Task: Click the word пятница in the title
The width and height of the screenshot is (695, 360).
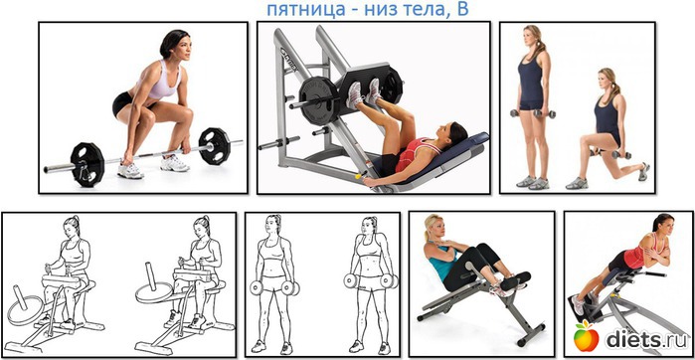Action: (x=306, y=9)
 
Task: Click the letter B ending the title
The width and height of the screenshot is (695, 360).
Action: (x=462, y=8)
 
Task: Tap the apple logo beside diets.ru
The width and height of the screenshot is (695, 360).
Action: (x=586, y=339)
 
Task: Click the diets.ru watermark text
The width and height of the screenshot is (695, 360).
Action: (x=646, y=339)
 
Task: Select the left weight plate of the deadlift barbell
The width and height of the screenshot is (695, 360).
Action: (x=87, y=159)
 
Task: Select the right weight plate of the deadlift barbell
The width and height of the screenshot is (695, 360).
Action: (x=214, y=146)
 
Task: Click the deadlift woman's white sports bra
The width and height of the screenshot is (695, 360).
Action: (x=162, y=82)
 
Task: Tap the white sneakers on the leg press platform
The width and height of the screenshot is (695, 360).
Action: (x=364, y=92)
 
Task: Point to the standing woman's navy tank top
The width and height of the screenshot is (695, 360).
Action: (x=531, y=80)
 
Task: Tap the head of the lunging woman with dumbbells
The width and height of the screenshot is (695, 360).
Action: (x=608, y=82)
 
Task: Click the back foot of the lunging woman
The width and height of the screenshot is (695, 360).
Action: (x=644, y=172)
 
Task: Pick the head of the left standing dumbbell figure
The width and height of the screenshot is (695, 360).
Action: (x=273, y=225)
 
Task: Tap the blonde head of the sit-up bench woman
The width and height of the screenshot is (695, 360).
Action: (x=434, y=228)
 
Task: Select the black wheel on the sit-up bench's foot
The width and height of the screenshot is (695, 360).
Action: (x=522, y=342)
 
